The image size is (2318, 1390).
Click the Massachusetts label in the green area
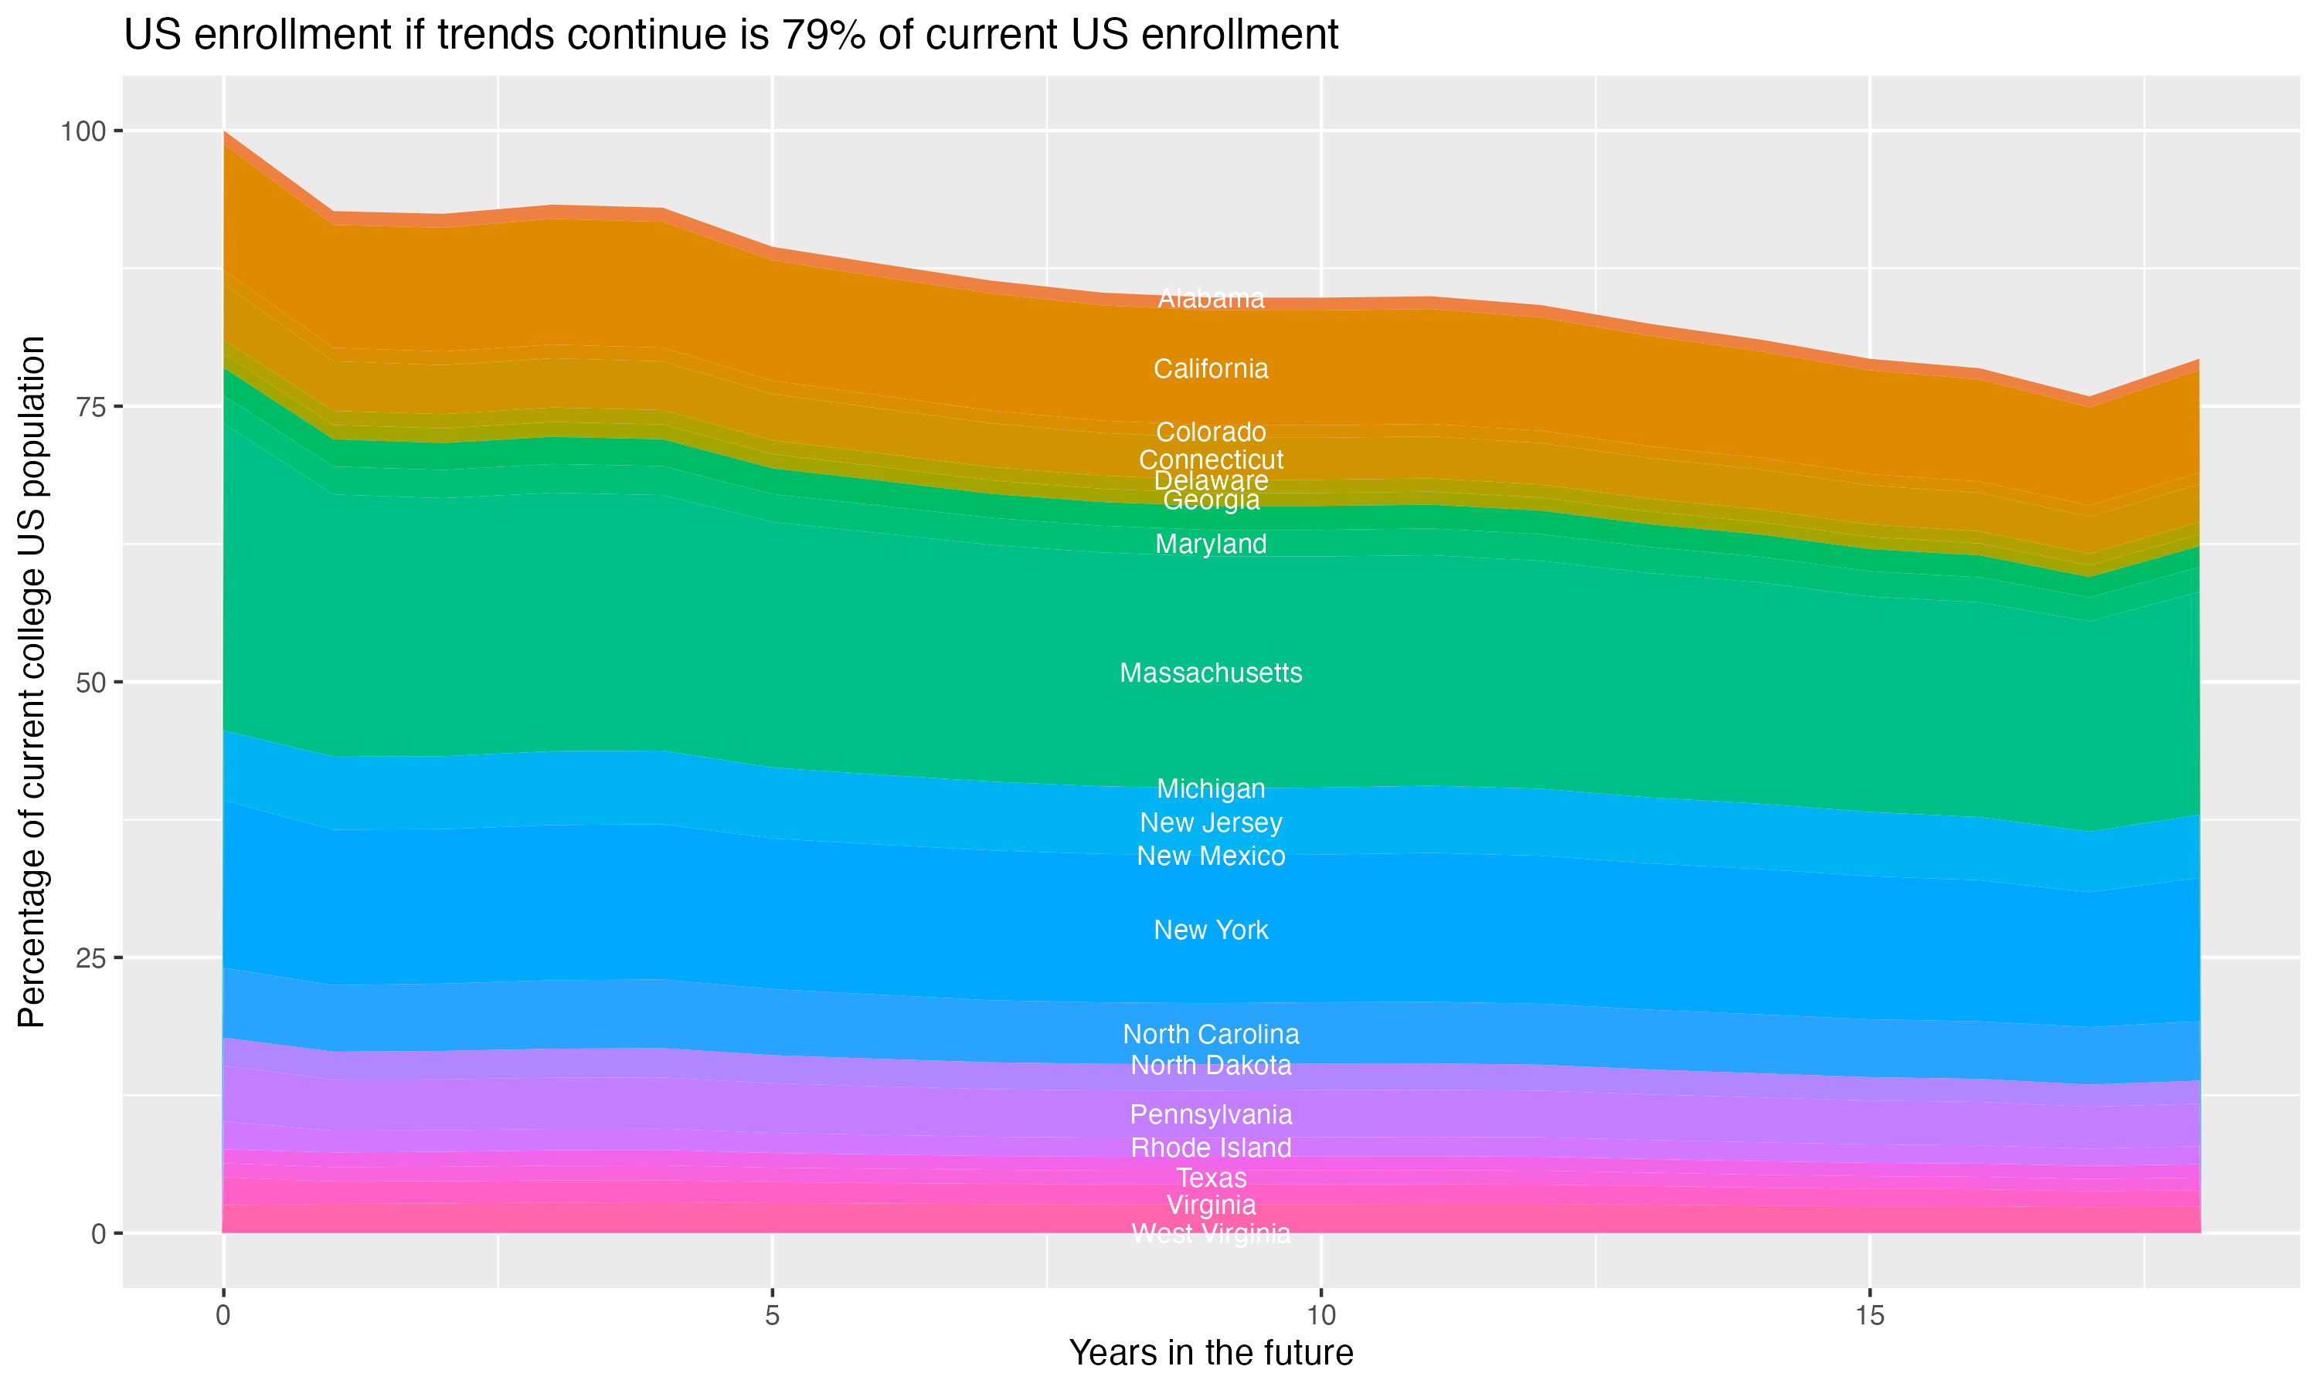click(1211, 673)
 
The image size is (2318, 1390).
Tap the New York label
click(1211, 930)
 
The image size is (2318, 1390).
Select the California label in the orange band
click(1211, 369)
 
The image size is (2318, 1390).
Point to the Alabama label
click(1211, 299)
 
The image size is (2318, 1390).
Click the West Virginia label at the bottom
click(1211, 1233)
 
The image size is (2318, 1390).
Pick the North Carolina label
click(1211, 1034)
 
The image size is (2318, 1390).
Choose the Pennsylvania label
click(1211, 1114)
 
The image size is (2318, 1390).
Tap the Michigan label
click(1211, 788)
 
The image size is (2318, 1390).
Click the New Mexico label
click(1211, 856)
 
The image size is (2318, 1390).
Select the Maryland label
click(1211, 544)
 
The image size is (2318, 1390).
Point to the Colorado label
click(1211, 432)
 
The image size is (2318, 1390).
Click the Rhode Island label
click(1211, 1148)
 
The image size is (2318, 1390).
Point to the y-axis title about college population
click(32, 682)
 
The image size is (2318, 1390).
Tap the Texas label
click(1211, 1178)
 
